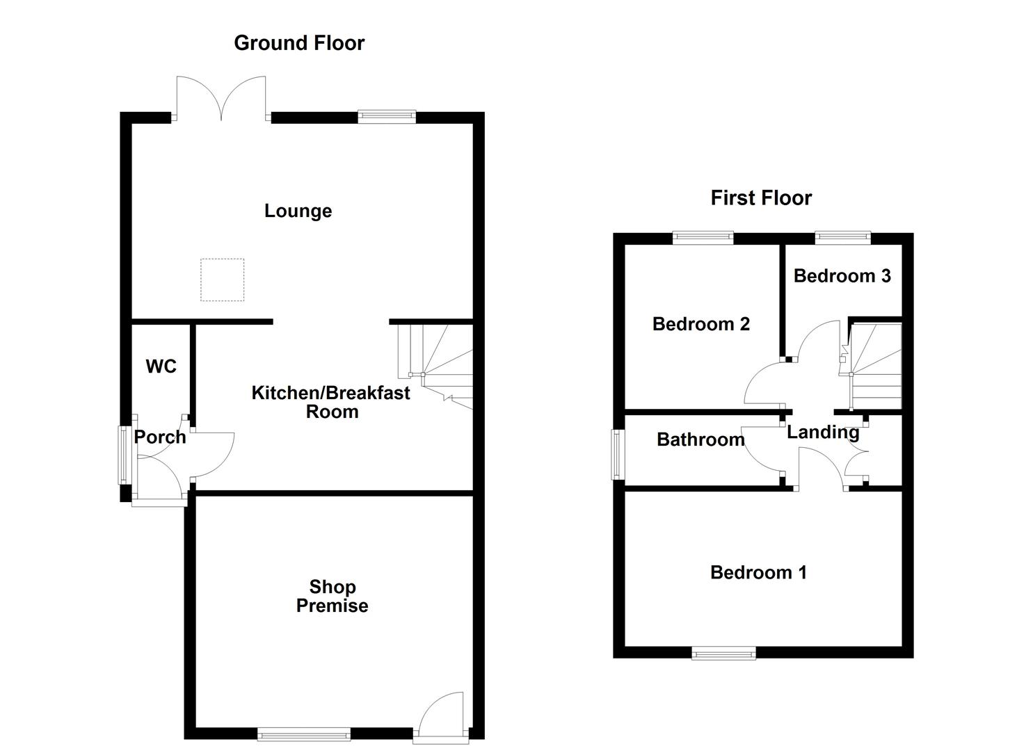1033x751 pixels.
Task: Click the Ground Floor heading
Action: coord(299,43)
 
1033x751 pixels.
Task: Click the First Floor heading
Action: coord(761,198)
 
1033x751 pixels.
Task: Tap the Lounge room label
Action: coord(298,211)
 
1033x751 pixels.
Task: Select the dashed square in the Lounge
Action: coord(223,280)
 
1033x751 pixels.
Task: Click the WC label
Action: coord(161,366)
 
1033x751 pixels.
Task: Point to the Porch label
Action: coord(160,437)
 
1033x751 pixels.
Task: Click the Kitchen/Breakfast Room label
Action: coord(331,402)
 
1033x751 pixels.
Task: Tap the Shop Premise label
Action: coord(333,597)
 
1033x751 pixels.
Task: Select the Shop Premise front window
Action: coord(304,733)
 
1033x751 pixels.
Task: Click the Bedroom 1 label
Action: coord(758,573)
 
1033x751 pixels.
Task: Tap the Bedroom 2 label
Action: coord(701,324)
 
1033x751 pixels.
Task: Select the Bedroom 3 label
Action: coord(842,276)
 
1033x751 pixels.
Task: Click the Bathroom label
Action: coord(700,439)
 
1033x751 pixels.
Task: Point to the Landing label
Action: coord(823,433)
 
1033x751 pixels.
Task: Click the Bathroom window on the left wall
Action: coord(616,454)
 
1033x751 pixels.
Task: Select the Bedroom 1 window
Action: coord(723,652)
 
